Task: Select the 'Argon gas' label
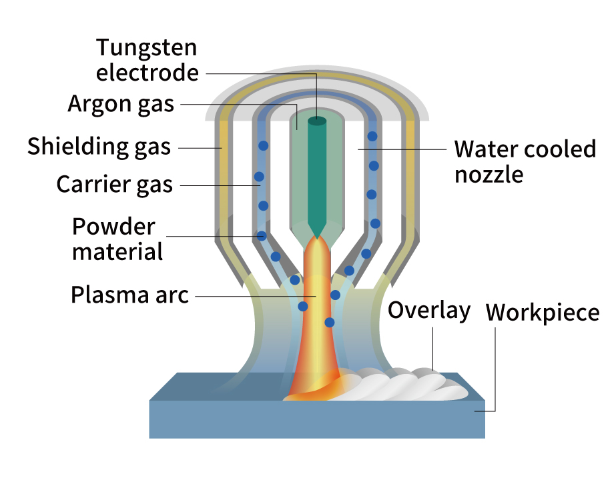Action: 121,104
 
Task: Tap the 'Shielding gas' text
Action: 99,147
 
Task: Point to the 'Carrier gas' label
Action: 114,183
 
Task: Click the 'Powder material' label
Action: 117,239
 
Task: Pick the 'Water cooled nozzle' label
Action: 525,161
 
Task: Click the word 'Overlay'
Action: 429,311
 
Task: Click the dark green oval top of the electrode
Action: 316,121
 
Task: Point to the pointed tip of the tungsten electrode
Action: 316,235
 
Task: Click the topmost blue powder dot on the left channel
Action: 264,145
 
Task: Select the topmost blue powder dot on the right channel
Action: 372,137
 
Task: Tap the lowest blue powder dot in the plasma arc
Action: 329,322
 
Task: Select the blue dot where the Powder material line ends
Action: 262,236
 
